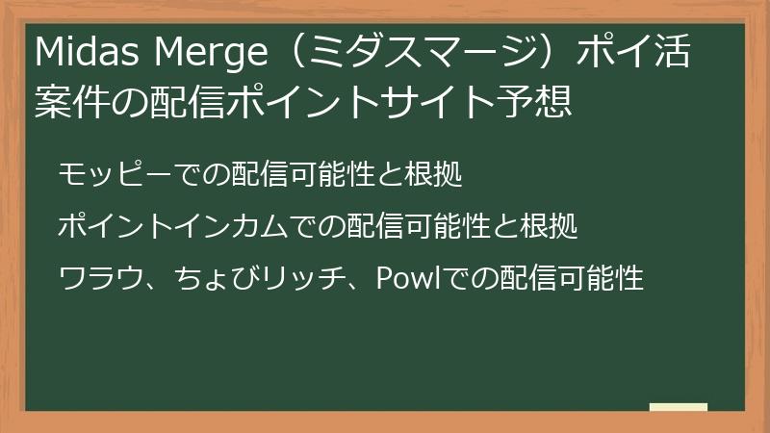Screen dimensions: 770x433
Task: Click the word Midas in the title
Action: coord(87,51)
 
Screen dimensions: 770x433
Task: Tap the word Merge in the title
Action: coord(211,53)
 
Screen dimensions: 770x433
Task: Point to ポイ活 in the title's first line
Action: coord(634,51)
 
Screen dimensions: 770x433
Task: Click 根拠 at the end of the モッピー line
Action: coord(432,174)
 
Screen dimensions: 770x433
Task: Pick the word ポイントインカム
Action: coord(173,226)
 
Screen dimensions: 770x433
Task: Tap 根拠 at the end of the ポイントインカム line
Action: coord(548,226)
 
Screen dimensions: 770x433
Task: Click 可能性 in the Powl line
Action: coord(601,278)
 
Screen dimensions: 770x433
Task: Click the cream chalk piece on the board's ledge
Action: coord(679,407)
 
